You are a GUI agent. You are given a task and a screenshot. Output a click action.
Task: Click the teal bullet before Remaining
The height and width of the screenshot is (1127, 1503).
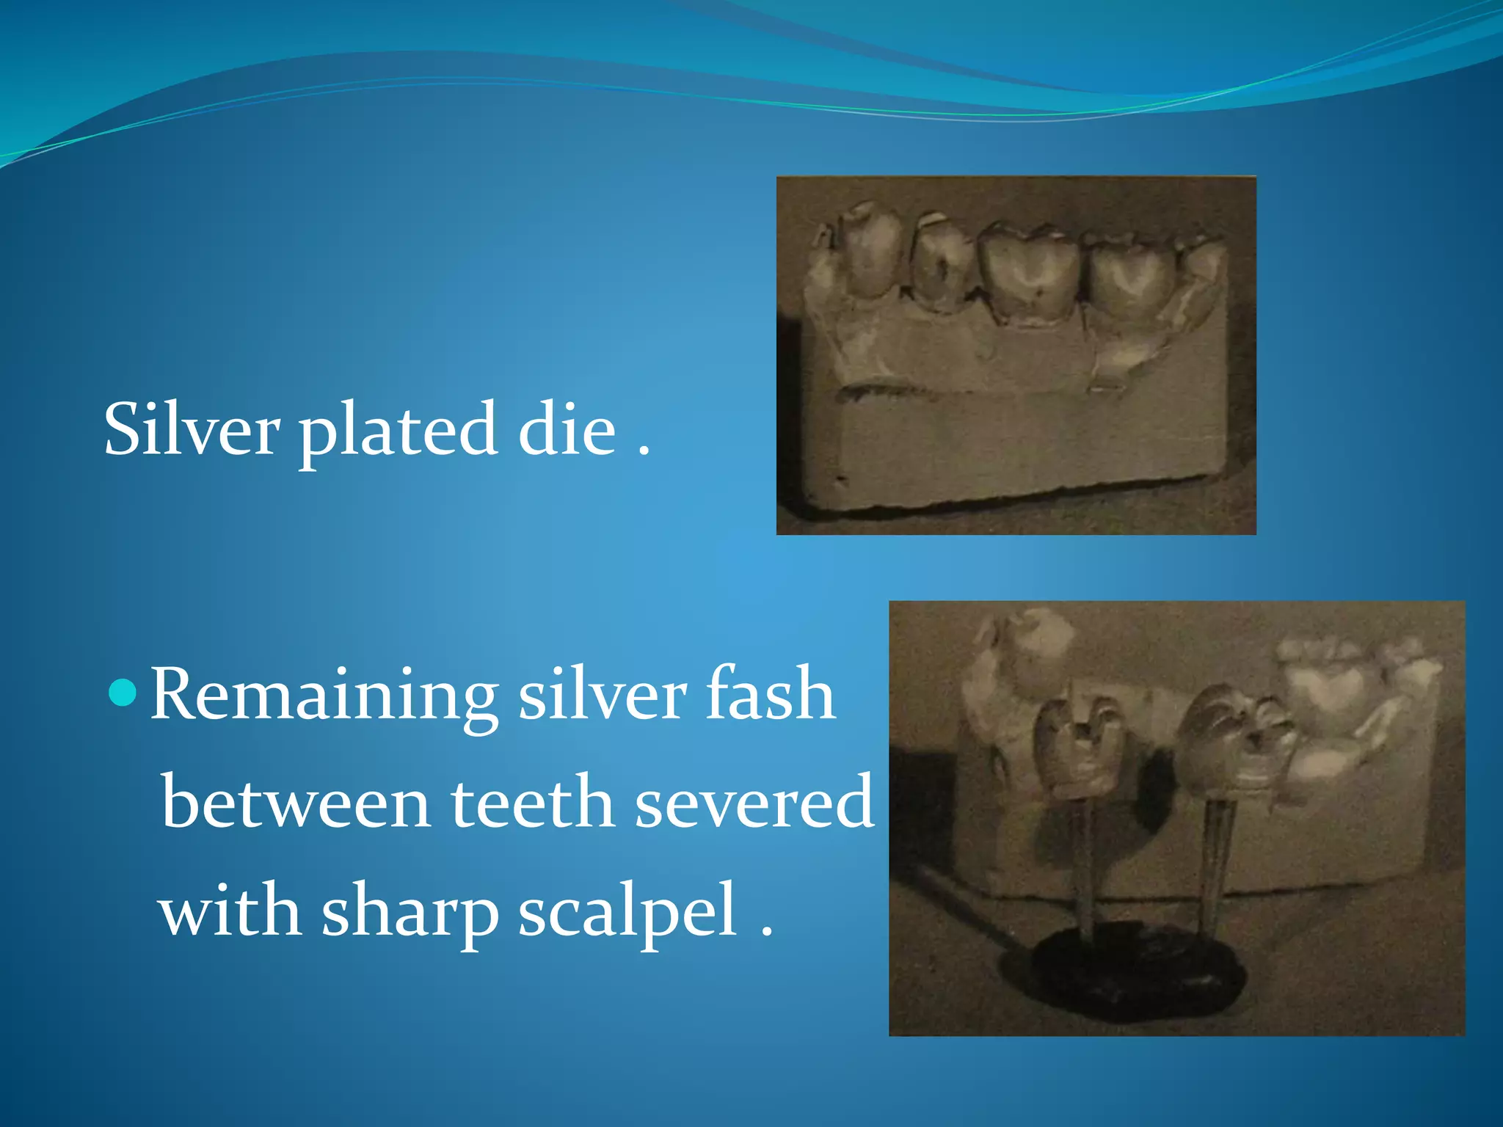(x=122, y=693)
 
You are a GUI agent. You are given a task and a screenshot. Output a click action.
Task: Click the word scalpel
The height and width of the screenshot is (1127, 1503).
(x=628, y=912)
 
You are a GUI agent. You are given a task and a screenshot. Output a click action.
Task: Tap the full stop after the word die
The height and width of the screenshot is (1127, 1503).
(x=644, y=452)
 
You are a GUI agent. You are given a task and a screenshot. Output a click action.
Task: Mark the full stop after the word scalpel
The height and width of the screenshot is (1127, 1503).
(x=766, y=933)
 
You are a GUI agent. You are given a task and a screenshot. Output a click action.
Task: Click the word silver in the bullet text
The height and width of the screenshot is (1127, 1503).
(x=603, y=693)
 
